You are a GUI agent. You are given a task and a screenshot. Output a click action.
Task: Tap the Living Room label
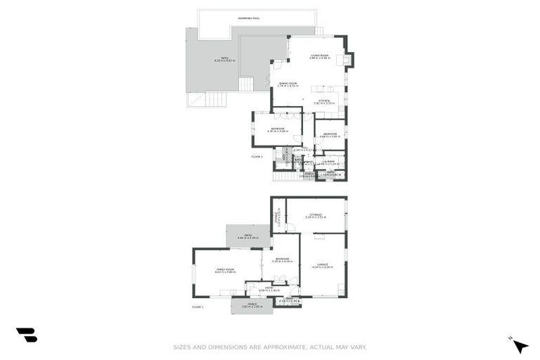click(320, 55)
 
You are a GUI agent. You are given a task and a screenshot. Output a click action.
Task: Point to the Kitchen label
click(324, 101)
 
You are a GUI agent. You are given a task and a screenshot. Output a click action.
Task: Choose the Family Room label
click(225, 269)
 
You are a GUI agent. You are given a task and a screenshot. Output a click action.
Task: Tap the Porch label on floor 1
click(252, 304)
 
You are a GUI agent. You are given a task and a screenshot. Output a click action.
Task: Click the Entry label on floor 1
click(269, 288)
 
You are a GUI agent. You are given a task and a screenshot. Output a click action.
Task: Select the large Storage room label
click(314, 215)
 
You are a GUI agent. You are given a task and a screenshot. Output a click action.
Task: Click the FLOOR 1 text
click(198, 307)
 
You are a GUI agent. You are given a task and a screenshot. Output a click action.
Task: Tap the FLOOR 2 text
click(257, 157)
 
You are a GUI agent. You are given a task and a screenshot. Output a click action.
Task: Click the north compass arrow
click(520, 346)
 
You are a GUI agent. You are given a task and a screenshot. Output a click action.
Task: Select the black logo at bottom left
click(26, 335)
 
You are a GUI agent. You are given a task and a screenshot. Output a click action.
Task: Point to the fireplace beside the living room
click(349, 60)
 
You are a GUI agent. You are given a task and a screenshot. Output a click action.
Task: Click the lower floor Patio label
click(248, 236)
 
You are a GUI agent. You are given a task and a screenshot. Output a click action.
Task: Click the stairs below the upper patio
click(245, 85)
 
